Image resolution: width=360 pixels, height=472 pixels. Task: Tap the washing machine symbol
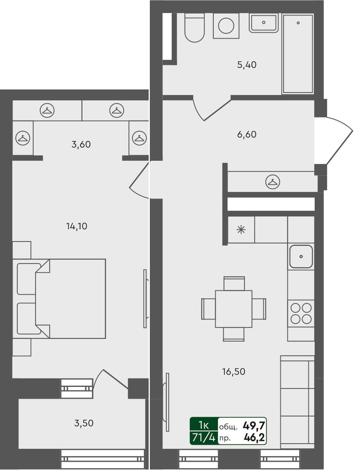(x=226, y=26)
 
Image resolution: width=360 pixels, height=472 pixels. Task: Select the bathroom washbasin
(x=264, y=23)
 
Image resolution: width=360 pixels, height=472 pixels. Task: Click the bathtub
(x=298, y=54)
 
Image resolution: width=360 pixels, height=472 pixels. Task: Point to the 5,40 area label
(x=247, y=65)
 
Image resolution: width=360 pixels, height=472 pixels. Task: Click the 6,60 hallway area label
(x=247, y=134)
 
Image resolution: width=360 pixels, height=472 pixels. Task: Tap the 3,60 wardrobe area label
(x=81, y=145)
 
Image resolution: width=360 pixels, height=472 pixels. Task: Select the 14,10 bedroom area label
(x=76, y=226)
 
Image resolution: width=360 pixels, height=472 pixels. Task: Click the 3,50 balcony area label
(x=84, y=424)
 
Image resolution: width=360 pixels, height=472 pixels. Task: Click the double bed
(x=67, y=298)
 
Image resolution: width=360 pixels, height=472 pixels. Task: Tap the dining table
(x=233, y=308)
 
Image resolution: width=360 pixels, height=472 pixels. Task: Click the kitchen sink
(x=301, y=256)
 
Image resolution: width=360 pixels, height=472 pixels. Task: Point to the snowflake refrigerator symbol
(x=241, y=229)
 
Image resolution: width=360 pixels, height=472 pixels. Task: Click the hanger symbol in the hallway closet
(x=272, y=182)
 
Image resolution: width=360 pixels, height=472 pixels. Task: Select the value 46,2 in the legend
(x=254, y=437)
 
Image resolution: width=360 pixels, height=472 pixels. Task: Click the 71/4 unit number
(x=203, y=437)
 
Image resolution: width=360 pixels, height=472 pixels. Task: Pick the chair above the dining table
(x=234, y=283)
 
